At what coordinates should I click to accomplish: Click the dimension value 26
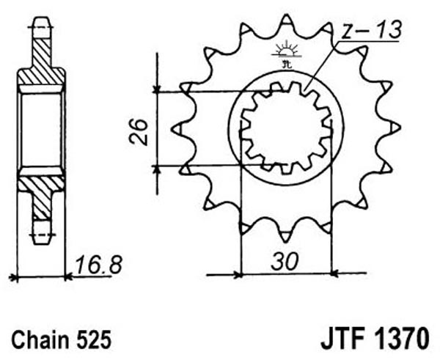(x=139, y=132)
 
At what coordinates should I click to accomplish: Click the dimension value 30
(x=284, y=262)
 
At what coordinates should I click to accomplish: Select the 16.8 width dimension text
(x=99, y=265)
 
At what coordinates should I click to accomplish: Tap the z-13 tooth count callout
(x=372, y=30)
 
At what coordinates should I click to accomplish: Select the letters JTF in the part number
(x=345, y=338)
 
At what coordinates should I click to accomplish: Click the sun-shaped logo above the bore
(x=287, y=51)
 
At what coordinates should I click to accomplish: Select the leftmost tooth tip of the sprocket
(x=172, y=130)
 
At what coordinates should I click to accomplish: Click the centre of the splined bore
(x=286, y=128)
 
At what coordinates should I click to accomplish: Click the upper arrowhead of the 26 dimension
(x=157, y=89)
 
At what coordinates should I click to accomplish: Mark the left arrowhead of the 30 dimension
(x=238, y=274)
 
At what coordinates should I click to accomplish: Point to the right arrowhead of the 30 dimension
(x=336, y=273)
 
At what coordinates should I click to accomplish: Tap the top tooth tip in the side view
(x=42, y=18)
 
